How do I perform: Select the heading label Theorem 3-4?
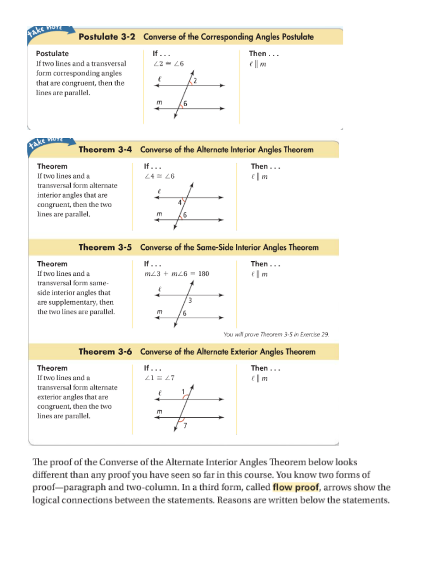pyautogui.click(x=105, y=150)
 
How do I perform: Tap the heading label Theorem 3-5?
pyautogui.click(x=105, y=248)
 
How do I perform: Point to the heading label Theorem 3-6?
pyautogui.click(x=105, y=352)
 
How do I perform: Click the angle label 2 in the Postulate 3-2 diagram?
pyautogui.click(x=195, y=81)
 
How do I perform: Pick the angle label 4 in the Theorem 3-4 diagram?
pyautogui.click(x=180, y=203)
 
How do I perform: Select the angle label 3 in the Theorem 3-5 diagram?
pyautogui.click(x=190, y=300)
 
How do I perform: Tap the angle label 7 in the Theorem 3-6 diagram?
pyautogui.click(x=185, y=426)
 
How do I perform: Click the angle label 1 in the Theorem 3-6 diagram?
pyautogui.click(x=183, y=391)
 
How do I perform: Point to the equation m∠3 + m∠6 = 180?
pyautogui.click(x=176, y=274)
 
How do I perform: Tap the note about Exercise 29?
pyautogui.click(x=276, y=334)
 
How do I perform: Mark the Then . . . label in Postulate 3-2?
pyautogui.click(x=264, y=53)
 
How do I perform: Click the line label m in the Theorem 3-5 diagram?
pyautogui.click(x=159, y=312)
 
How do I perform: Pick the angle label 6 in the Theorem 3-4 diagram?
pyautogui.click(x=185, y=215)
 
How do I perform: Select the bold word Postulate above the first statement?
pyautogui.click(x=52, y=53)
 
